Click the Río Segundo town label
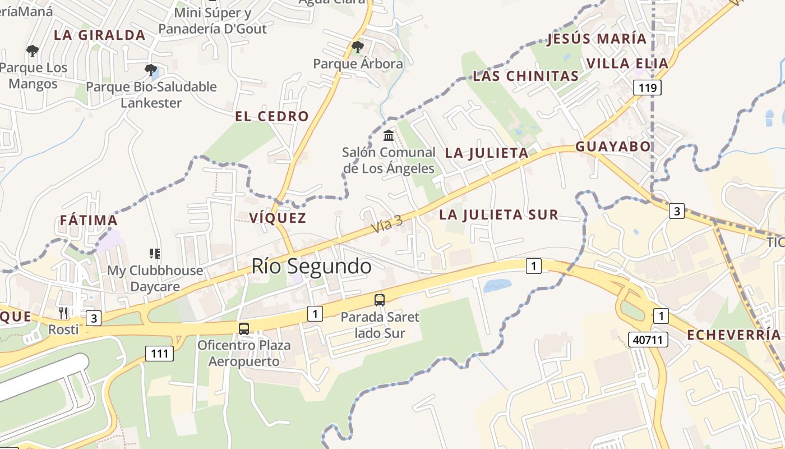pyautogui.click(x=311, y=266)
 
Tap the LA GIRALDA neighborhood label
pyautogui.click(x=99, y=35)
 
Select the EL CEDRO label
pyautogui.click(x=271, y=117)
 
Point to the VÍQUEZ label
pyautogui.click(x=278, y=218)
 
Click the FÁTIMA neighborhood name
pyautogui.click(x=89, y=221)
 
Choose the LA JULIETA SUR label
pyautogui.click(x=498, y=215)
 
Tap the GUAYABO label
pyautogui.click(x=613, y=147)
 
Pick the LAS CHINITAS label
pyautogui.click(x=525, y=76)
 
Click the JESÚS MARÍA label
pyautogui.click(x=597, y=39)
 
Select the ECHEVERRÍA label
pyautogui.click(x=733, y=335)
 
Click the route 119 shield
pyautogui.click(x=647, y=88)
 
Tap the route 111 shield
pyautogui.click(x=159, y=354)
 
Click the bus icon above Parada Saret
pyautogui.click(x=380, y=300)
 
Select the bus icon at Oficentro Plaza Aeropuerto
pyautogui.click(x=243, y=328)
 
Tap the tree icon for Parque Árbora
pyautogui.click(x=357, y=47)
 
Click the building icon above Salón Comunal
pyautogui.click(x=389, y=135)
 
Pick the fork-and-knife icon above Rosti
pyautogui.click(x=63, y=313)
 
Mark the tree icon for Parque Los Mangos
pyautogui.click(x=33, y=51)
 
